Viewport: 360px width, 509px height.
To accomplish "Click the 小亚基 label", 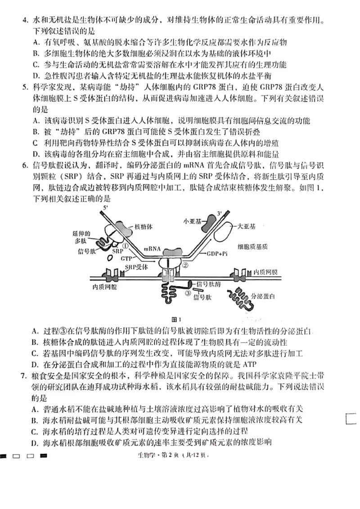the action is [193, 221].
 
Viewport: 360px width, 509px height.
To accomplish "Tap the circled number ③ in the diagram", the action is [188, 294].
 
